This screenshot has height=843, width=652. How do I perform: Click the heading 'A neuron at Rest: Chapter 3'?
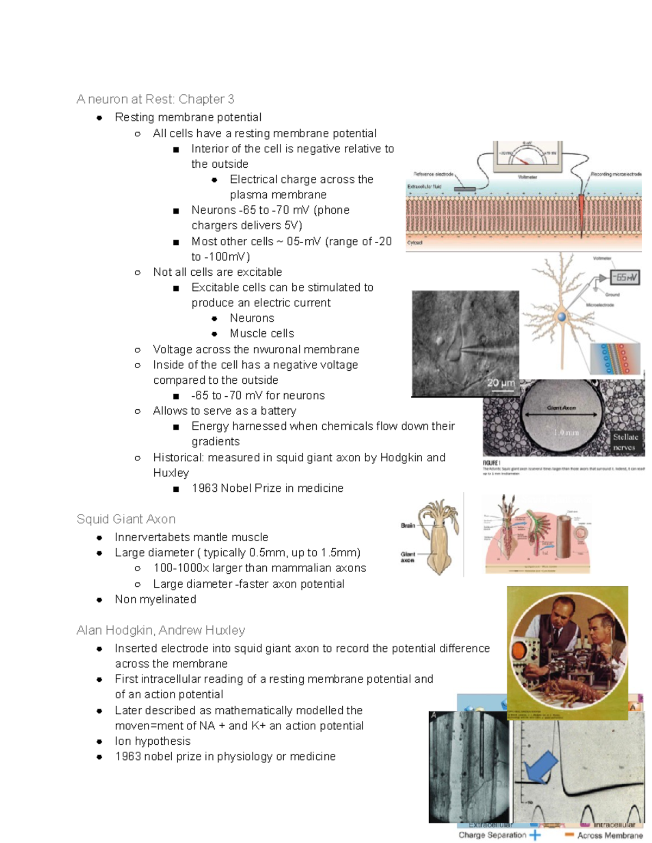[155, 99]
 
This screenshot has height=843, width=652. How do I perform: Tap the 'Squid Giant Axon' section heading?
[126, 519]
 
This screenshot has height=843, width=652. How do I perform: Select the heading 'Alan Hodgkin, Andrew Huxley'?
[161, 630]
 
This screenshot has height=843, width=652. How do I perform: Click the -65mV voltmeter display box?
[624, 277]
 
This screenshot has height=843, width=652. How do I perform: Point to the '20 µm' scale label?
[500, 383]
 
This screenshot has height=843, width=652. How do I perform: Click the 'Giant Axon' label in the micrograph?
[561, 408]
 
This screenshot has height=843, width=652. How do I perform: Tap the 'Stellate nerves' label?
[625, 442]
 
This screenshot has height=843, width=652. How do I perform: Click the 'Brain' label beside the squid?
[407, 525]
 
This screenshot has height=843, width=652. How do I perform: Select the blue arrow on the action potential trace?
[540, 766]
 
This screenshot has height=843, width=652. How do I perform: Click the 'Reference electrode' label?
[433, 174]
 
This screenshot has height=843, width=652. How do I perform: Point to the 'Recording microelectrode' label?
[616, 174]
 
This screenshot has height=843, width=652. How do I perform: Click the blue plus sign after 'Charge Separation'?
[535, 835]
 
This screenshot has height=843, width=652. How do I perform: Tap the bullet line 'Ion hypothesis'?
[153, 741]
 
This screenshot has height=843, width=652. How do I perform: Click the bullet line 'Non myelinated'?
[155, 599]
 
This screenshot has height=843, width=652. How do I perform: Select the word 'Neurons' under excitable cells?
[252, 318]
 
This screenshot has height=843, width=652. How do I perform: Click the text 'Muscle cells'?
[262, 333]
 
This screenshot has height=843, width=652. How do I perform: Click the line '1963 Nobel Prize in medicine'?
[267, 488]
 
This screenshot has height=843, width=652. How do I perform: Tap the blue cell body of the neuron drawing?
[562, 316]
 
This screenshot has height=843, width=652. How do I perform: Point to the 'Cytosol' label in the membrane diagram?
[415, 243]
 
